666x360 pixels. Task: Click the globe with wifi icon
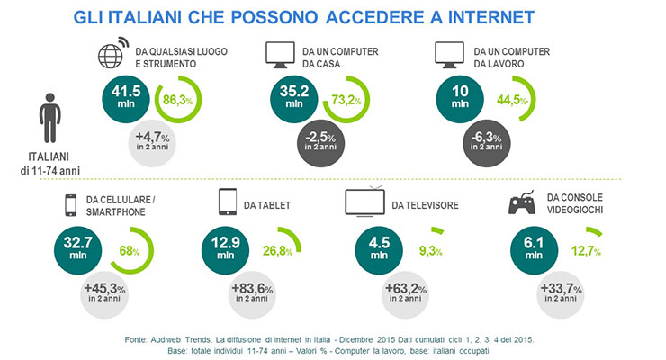point(113,53)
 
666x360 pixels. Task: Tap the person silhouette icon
point(50,118)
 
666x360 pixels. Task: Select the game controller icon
point(522,202)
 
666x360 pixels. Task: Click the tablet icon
point(228,202)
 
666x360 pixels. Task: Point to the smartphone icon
point(70,205)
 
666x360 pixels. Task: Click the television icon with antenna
point(364,202)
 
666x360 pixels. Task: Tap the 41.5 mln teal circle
point(126,99)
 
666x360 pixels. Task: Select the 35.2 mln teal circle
point(294,99)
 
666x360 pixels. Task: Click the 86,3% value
point(177,100)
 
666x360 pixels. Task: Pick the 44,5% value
point(512,100)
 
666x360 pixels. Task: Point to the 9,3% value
point(431,251)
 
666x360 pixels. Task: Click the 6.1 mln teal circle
point(534,250)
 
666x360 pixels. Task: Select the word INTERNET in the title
point(491,18)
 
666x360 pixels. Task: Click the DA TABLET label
point(267,205)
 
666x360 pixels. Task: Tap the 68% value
point(130,251)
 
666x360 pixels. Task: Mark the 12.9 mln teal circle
point(226,250)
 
